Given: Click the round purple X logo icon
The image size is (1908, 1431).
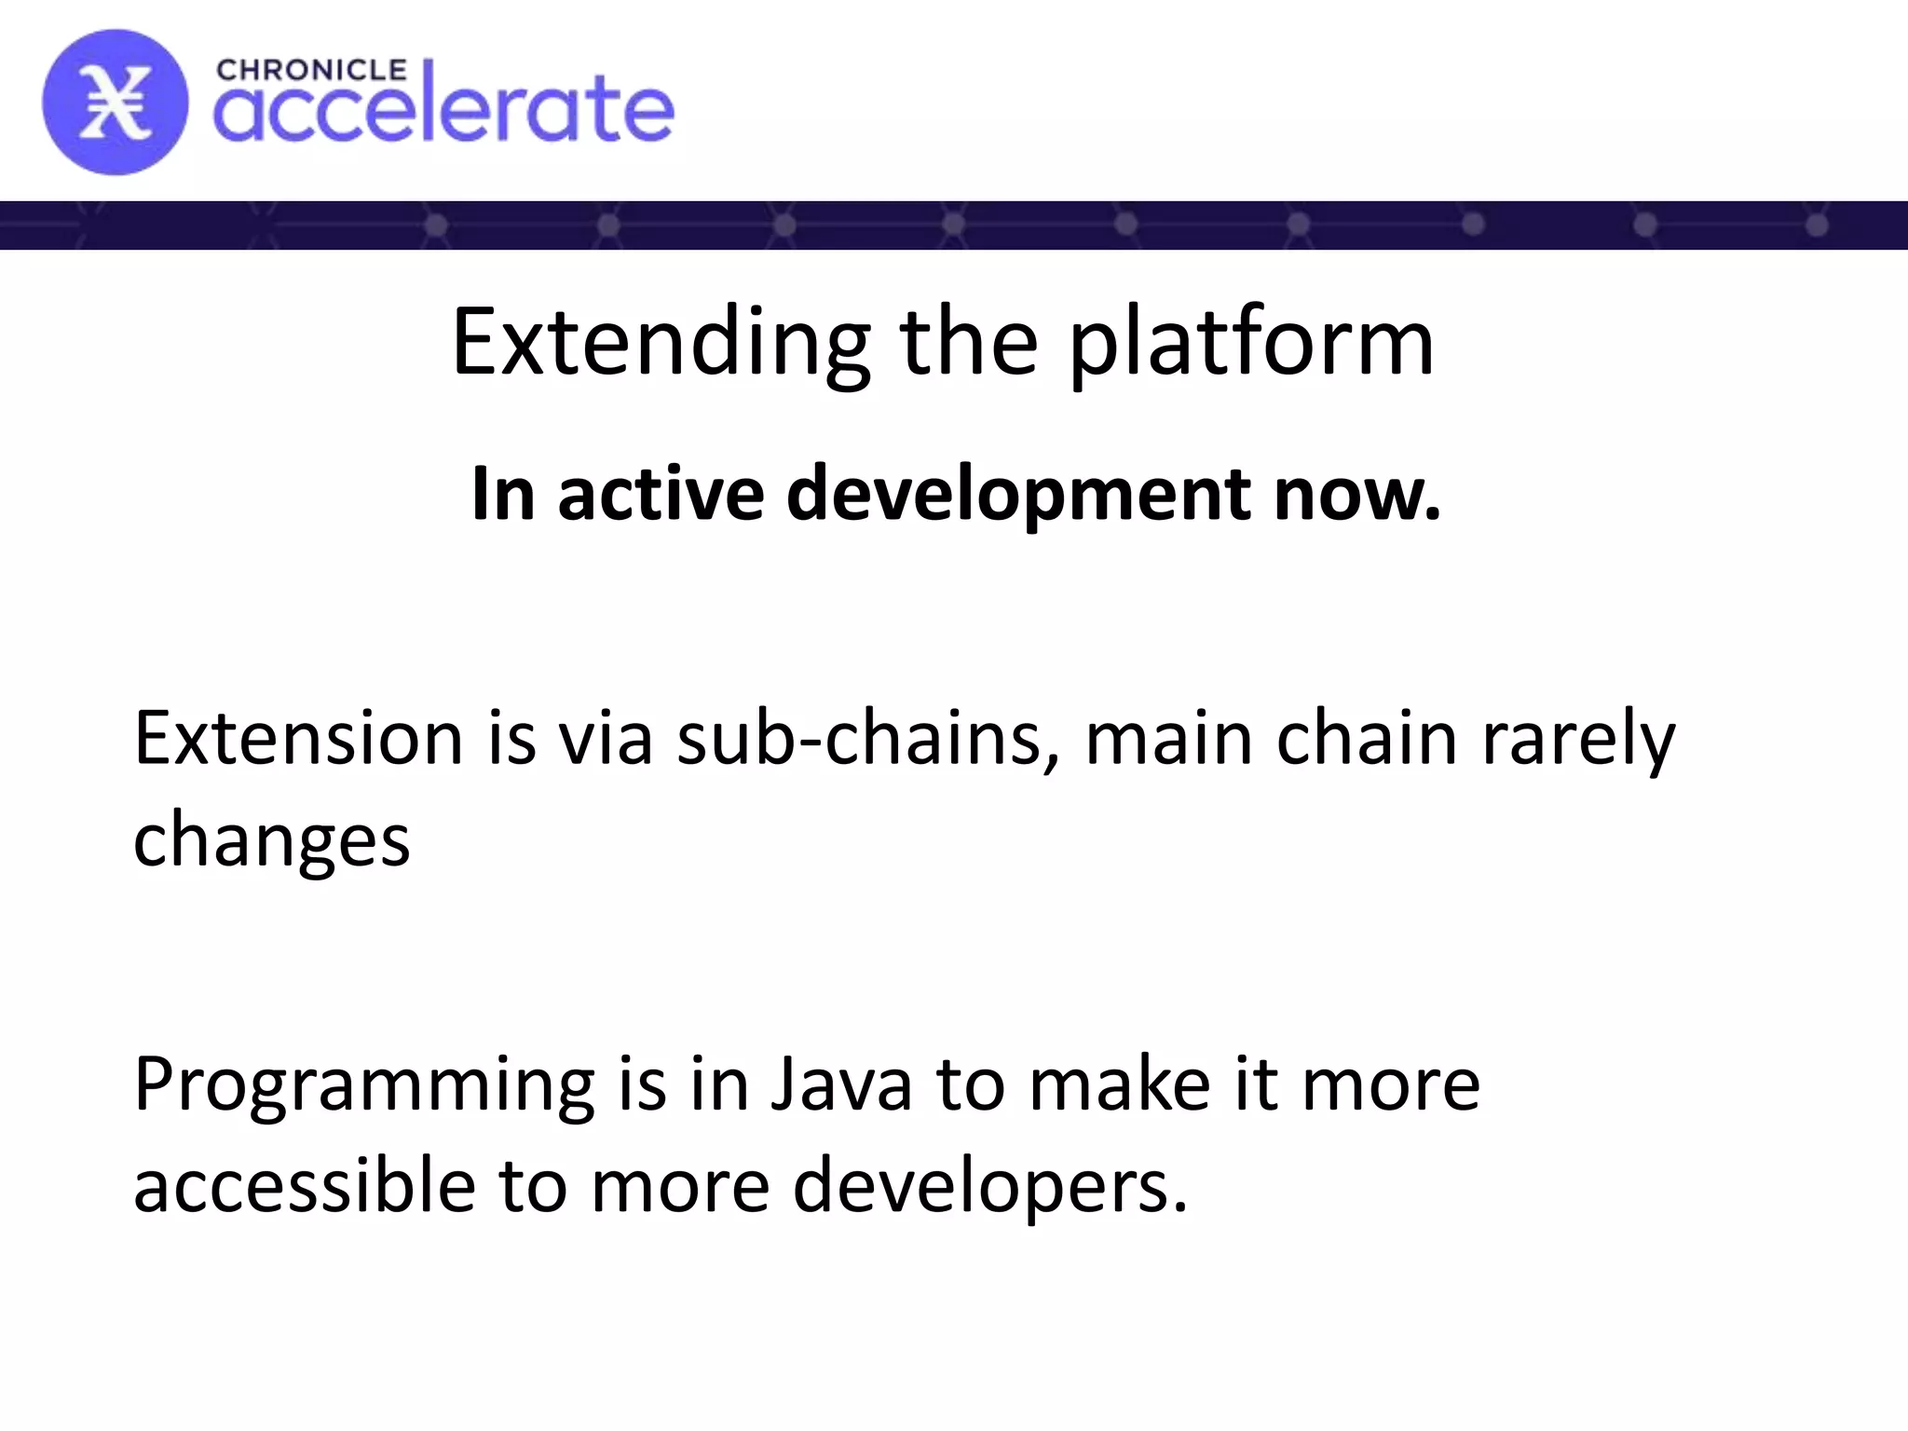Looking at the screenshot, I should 115,102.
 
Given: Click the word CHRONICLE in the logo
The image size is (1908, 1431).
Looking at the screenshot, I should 311,71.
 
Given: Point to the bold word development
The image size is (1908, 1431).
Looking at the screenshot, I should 1017,493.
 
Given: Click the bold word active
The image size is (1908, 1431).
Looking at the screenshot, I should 661,493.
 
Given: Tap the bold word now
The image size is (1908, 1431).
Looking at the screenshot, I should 1357,493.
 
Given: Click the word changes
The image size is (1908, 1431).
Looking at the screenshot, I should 271,839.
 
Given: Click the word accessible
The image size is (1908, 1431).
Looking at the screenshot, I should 304,1185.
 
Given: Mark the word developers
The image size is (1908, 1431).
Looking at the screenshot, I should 989,1185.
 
